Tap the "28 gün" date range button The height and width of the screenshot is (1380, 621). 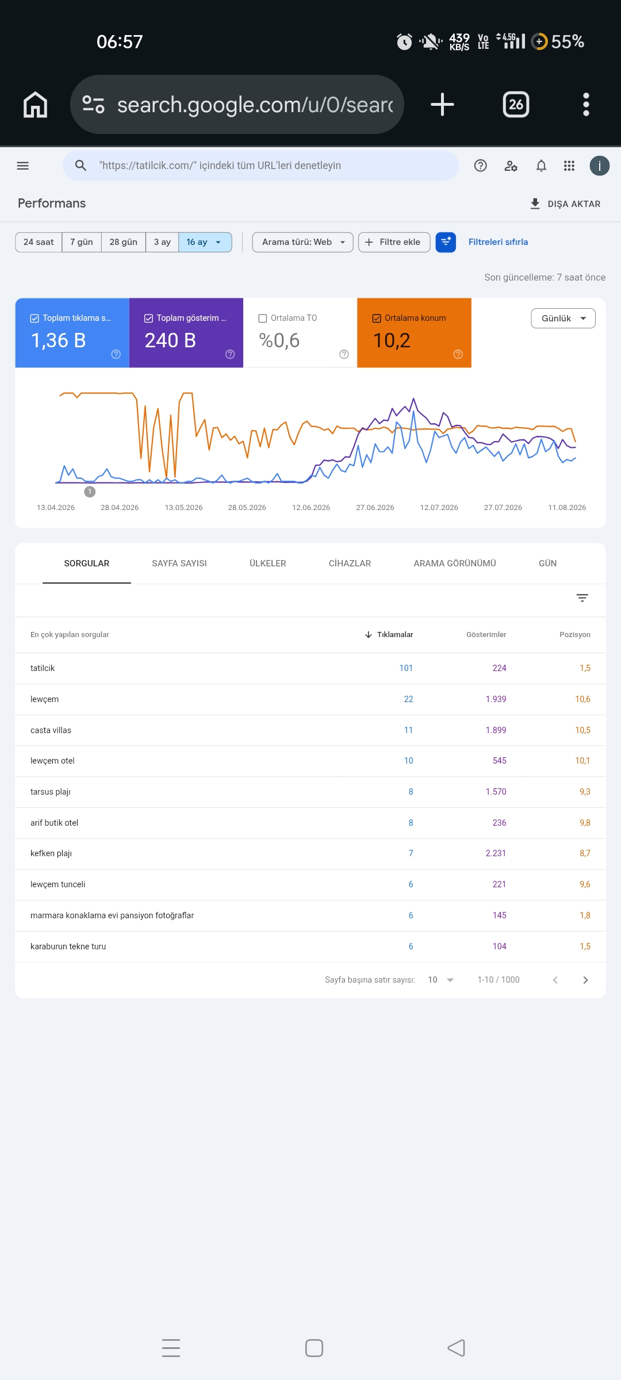pyautogui.click(x=123, y=242)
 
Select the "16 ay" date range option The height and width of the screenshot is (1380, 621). pyautogui.click(x=205, y=242)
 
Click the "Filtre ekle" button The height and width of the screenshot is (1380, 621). pyautogui.click(x=394, y=242)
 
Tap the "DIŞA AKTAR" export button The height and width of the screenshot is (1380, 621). pyautogui.click(x=565, y=204)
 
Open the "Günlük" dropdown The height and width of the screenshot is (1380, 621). pyautogui.click(x=563, y=318)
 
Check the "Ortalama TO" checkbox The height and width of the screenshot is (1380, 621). pyautogui.click(x=263, y=318)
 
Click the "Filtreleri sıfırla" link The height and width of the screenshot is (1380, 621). pyautogui.click(x=498, y=242)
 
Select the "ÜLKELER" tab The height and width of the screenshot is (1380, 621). pyautogui.click(x=268, y=563)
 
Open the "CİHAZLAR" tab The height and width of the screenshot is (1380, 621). pyautogui.click(x=350, y=563)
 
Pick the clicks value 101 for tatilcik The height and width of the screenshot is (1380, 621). pyautogui.click(x=406, y=668)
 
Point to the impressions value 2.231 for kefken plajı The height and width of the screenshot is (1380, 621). pyautogui.click(x=496, y=853)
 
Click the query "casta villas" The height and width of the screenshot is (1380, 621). pyautogui.click(x=51, y=730)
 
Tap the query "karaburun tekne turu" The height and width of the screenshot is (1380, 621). pyautogui.click(x=68, y=946)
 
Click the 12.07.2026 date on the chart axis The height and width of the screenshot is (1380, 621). pyautogui.click(x=439, y=507)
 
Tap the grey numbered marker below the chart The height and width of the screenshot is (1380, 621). pyautogui.click(x=90, y=492)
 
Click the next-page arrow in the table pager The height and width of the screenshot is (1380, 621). pyautogui.click(x=585, y=980)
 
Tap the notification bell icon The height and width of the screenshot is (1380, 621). pyautogui.click(x=541, y=166)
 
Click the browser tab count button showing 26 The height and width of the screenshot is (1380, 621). pyautogui.click(x=516, y=105)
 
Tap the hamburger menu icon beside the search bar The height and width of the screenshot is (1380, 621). pyautogui.click(x=23, y=166)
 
